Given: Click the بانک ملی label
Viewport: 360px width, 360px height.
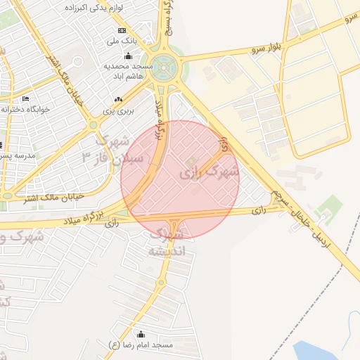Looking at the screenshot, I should [x=122, y=41].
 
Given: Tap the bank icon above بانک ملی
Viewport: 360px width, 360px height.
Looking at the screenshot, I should [x=122, y=31].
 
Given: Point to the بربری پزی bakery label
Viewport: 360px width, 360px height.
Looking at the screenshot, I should [x=117, y=110].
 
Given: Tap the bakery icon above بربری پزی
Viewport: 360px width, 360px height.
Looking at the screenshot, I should [x=117, y=100].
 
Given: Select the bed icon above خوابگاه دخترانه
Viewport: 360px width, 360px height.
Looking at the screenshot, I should [x=26, y=98].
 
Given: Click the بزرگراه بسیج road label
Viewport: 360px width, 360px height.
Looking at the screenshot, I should [x=167, y=18].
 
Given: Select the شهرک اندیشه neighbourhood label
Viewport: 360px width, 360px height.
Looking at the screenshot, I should [x=168, y=241].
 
